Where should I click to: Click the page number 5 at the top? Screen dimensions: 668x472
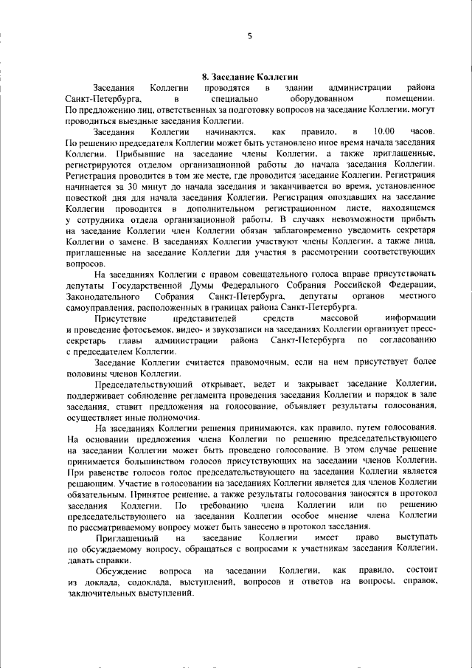click(249, 37)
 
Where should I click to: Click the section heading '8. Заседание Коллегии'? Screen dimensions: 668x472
click(249, 76)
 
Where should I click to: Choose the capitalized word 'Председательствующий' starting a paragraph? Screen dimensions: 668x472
click(145, 385)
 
